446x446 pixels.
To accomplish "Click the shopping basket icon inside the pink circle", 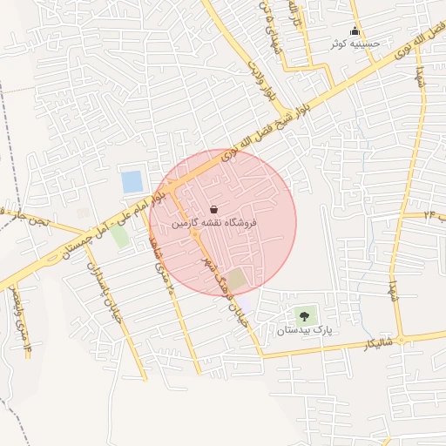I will (x=214, y=209).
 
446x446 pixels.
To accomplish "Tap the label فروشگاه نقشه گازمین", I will (x=214, y=224).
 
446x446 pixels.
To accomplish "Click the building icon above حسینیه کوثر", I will (x=354, y=31).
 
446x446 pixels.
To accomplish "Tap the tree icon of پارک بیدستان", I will (x=304, y=316).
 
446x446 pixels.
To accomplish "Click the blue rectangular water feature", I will (x=132, y=182).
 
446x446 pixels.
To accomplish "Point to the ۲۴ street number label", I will (x=429, y=213).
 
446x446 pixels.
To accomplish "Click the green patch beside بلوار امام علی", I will (x=119, y=236).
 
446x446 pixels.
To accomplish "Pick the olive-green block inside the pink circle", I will (x=236, y=279).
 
